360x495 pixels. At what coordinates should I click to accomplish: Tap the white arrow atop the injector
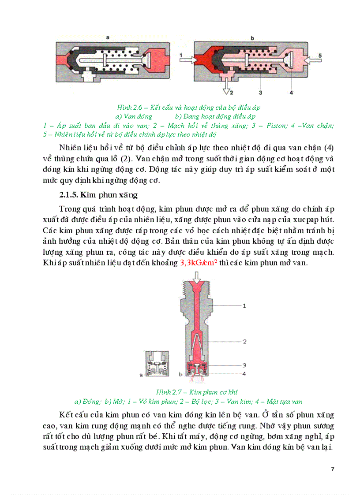(x=198, y=277)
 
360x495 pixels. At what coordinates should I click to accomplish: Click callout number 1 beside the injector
(x=244, y=305)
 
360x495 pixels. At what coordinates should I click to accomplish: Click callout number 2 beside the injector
(x=244, y=341)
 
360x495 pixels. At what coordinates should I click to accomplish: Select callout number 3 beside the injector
(x=244, y=365)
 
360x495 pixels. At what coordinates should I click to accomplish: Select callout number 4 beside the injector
(x=244, y=374)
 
